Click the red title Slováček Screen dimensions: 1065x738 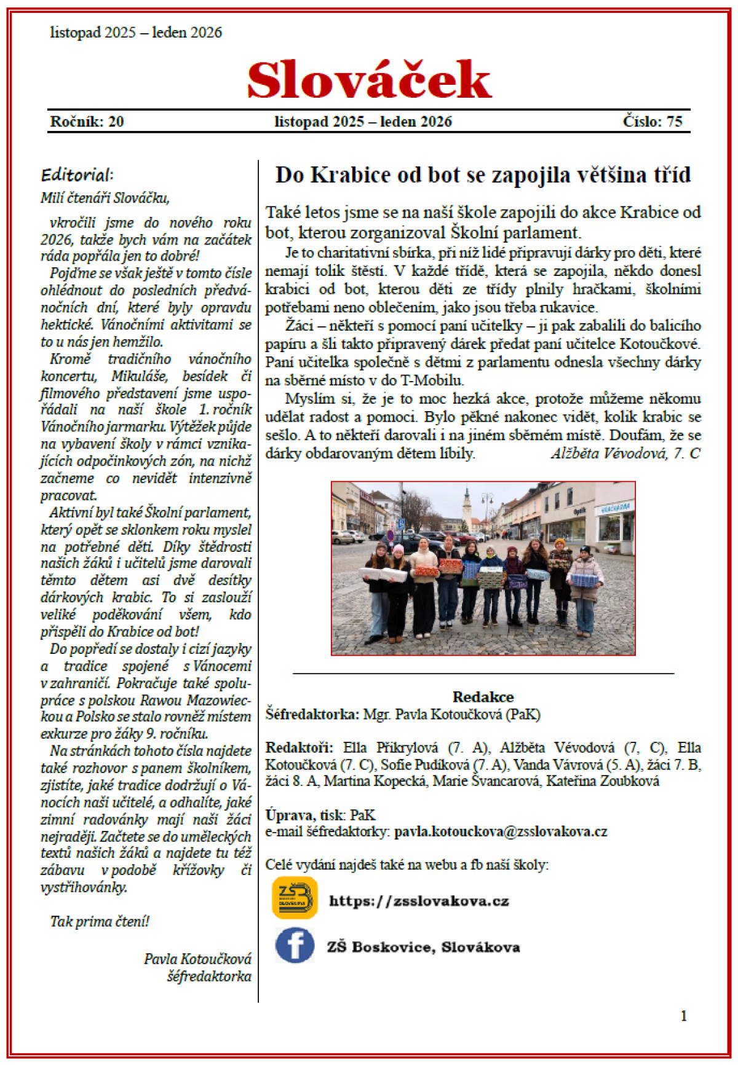(369, 81)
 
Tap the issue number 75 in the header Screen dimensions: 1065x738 (674, 122)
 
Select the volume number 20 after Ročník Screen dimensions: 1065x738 (116, 122)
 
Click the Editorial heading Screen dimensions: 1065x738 (77, 175)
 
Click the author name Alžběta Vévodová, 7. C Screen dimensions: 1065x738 (625, 454)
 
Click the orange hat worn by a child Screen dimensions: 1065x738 (560, 543)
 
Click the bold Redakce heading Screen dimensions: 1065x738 (483, 697)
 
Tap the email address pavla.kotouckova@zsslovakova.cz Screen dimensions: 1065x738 (501, 831)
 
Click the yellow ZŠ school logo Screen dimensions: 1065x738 (295, 898)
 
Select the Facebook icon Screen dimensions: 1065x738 (295, 945)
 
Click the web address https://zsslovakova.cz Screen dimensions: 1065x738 (419, 901)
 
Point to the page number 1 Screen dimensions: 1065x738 (683, 1016)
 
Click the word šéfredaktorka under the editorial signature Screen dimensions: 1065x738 (209, 976)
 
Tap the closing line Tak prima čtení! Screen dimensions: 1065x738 (100, 921)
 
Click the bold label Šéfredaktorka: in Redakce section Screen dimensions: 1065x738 (312, 714)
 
